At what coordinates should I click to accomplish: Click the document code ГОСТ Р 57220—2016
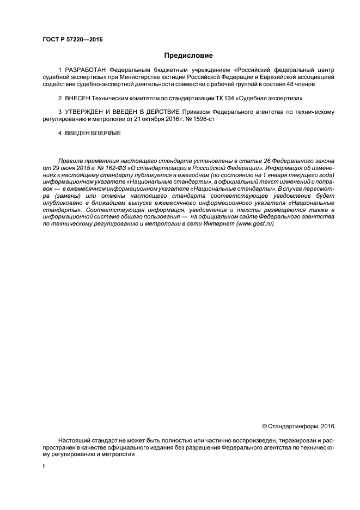point(72,40)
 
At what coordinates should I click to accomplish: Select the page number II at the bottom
point(44,466)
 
